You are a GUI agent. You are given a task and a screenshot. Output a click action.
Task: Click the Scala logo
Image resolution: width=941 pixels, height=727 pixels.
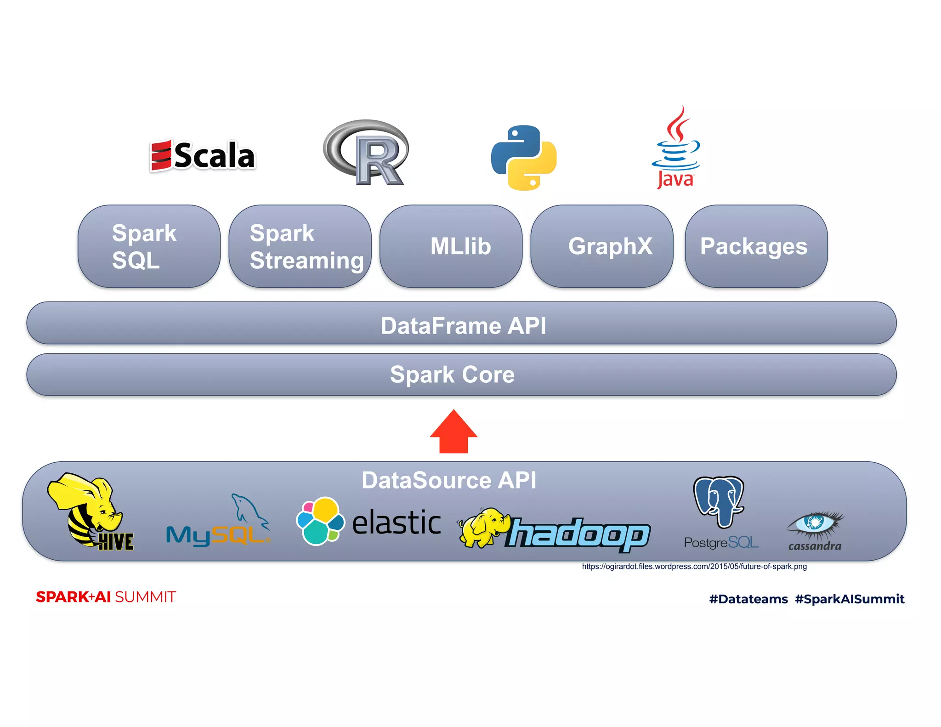point(203,155)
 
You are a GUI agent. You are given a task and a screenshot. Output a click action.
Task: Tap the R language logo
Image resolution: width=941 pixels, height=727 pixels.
point(366,153)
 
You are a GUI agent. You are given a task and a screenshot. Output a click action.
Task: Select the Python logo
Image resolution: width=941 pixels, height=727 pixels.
point(524,158)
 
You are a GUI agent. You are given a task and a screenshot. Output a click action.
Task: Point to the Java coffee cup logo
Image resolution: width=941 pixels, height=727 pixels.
point(676,147)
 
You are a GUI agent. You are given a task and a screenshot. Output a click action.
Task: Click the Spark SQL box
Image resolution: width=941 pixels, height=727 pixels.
point(149,246)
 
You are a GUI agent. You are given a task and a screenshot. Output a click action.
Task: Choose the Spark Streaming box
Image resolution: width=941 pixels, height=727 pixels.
point(300,246)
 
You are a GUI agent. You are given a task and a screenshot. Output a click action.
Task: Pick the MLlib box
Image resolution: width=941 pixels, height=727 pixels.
point(451,246)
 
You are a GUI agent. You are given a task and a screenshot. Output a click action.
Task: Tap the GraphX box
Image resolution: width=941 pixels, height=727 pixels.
point(602,246)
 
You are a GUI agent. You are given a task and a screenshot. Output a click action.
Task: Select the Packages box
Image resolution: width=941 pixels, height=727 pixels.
point(756,246)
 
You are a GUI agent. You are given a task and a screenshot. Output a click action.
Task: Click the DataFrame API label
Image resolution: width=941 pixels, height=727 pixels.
point(463,326)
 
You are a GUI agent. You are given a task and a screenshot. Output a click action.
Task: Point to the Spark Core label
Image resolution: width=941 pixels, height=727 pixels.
point(453,375)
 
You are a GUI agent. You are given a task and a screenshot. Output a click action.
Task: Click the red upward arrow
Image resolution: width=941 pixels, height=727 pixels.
point(453,432)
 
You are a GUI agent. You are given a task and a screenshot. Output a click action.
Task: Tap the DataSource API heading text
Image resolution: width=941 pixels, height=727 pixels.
point(449,480)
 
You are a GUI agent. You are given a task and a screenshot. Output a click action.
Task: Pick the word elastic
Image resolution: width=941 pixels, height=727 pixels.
point(397,523)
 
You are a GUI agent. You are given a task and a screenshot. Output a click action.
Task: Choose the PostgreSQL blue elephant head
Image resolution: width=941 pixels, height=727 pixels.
point(719,501)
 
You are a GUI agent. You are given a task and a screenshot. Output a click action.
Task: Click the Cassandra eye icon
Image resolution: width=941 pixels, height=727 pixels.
point(816,525)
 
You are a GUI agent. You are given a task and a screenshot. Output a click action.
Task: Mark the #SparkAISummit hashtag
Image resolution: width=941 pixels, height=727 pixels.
point(850,599)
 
